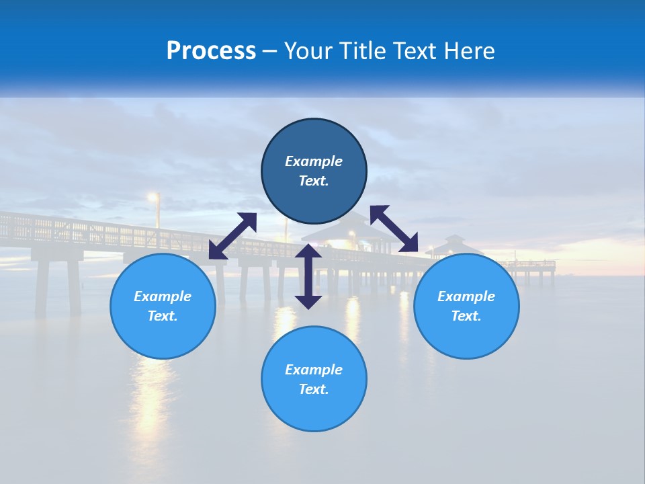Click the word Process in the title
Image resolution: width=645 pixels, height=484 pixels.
[211, 51]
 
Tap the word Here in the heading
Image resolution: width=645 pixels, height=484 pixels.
[469, 51]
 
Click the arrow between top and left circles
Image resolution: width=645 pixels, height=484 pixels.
[232, 236]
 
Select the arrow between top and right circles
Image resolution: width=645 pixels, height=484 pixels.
[394, 229]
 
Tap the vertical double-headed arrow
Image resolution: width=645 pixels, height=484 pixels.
[308, 276]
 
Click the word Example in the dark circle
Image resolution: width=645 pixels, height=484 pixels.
[314, 161]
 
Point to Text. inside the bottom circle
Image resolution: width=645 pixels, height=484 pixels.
[314, 389]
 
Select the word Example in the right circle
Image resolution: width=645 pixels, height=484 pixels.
[466, 296]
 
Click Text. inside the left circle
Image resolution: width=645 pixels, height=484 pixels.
[163, 316]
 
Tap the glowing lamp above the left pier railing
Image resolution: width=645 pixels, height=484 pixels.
[154, 197]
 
